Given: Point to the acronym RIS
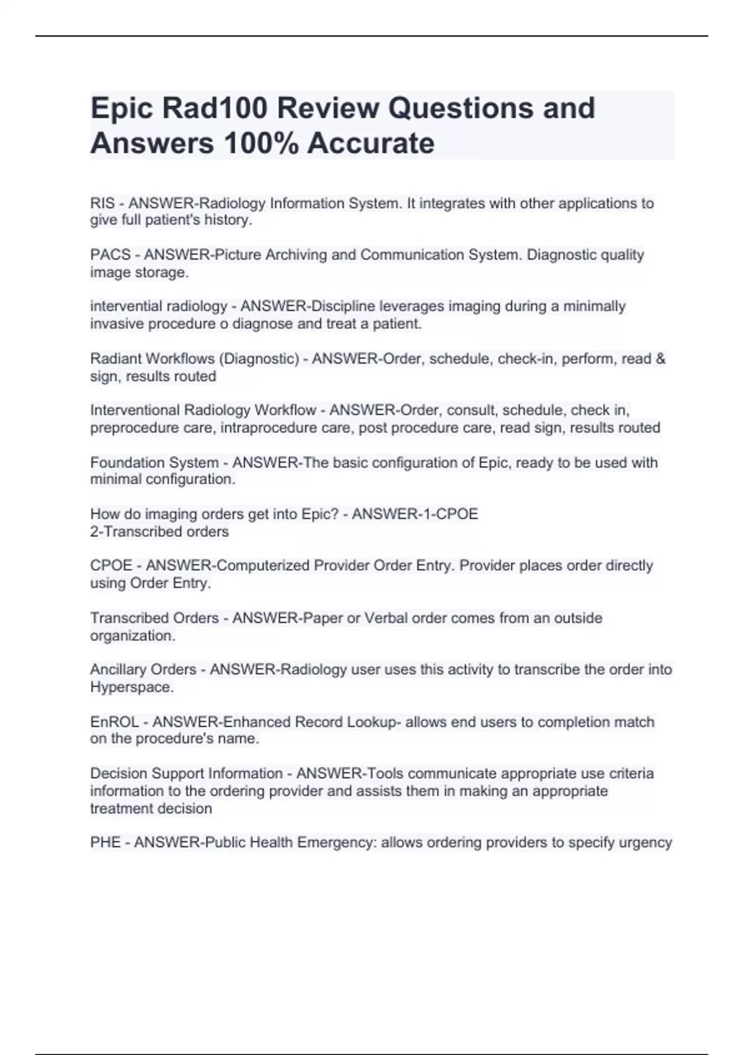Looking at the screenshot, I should [102, 204].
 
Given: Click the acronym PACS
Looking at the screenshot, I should [110, 255].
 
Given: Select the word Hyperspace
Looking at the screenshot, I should [131, 687].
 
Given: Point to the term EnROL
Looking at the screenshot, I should [110, 722].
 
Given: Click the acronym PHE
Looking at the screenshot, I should [105, 842].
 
